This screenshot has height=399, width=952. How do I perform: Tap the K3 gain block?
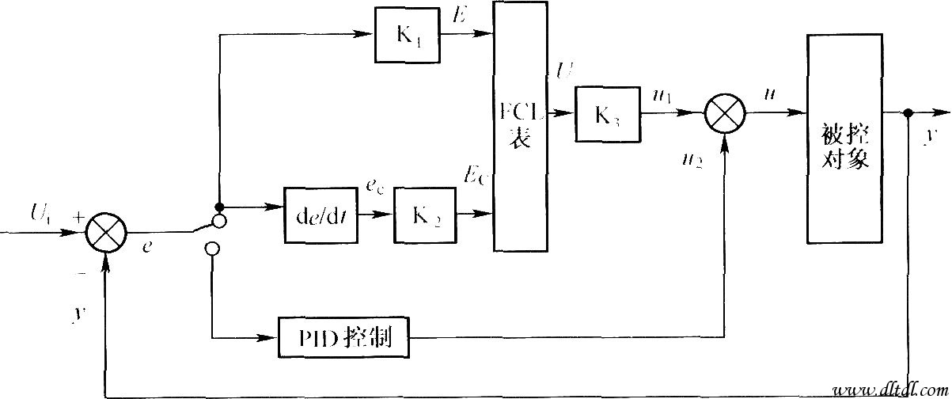(609, 113)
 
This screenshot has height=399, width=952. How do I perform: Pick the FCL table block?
(520, 127)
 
